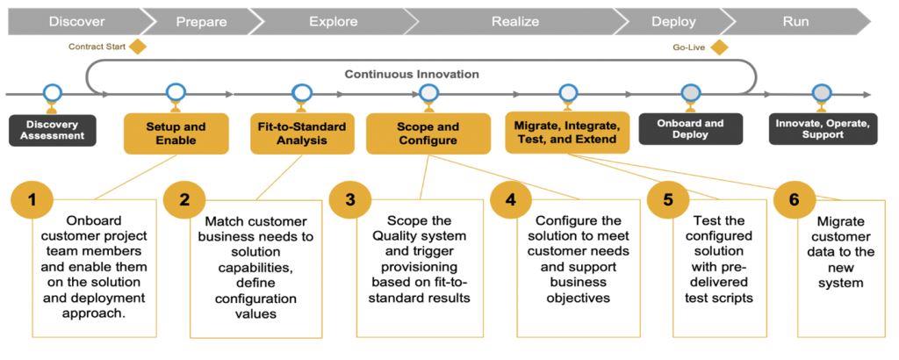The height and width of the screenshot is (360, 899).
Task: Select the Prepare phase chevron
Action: pyautogui.click(x=200, y=21)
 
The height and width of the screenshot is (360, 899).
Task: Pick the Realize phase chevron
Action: pyautogui.click(x=514, y=21)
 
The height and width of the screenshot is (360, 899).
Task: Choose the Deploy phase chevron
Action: pyautogui.click(x=673, y=21)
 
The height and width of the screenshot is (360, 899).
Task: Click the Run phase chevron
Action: pyautogui.click(x=795, y=21)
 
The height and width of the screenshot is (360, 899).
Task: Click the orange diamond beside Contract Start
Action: pyautogui.click(x=137, y=47)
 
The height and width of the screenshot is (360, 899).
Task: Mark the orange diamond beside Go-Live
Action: pyautogui.click(x=719, y=47)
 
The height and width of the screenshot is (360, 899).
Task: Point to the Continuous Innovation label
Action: pyautogui.click(x=412, y=74)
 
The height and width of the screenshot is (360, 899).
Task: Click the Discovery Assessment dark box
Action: pyautogui.click(x=52, y=130)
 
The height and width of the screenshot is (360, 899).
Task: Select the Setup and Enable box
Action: pyautogui.click(x=176, y=133)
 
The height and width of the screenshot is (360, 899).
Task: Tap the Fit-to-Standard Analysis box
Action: pyautogui.click(x=302, y=133)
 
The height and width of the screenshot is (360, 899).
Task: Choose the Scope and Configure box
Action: pyautogui.click(x=428, y=133)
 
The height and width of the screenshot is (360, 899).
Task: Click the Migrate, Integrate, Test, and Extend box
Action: pyautogui.click(x=567, y=132)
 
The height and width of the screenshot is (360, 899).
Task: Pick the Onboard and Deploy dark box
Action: pyautogui.click(x=690, y=129)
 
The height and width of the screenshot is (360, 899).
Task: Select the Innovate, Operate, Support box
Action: pyautogui.click(x=822, y=129)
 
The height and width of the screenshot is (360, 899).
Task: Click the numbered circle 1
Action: pyautogui.click(x=32, y=199)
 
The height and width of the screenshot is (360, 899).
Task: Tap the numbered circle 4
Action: pyautogui.click(x=511, y=199)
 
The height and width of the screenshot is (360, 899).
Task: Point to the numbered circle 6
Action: pyautogui.click(x=795, y=199)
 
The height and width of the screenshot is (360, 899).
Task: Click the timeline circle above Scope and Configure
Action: pyautogui.click(x=428, y=92)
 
